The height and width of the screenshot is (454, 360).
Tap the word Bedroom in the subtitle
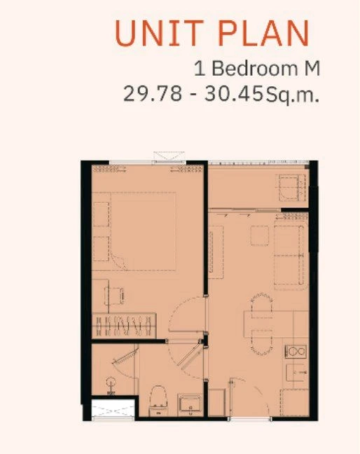click(x=255, y=69)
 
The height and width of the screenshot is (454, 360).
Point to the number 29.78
click(x=153, y=94)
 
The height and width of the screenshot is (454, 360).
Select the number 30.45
click(x=233, y=94)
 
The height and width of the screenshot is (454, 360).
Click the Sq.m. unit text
click(x=293, y=95)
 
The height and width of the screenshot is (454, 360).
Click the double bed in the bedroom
click(x=143, y=232)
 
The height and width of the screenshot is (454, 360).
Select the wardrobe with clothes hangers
click(x=124, y=325)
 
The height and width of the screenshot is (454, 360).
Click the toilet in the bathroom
click(x=158, y=401)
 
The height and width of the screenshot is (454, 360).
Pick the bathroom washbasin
click(x=190, y=404)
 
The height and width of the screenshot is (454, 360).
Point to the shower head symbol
click(x=111, y=385)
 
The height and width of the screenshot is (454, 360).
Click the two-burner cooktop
click(x=296, y=352)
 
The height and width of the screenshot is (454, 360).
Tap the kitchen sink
click(x=296, y=373)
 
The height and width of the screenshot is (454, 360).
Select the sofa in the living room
click(x=291, y=255)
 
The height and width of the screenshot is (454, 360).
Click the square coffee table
click(x=260, y=235)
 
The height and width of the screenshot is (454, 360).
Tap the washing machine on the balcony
click(x=292, y=188)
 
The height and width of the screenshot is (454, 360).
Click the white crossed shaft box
click(x=113, y=409)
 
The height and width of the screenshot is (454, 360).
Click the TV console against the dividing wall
click(x=215, y=252)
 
